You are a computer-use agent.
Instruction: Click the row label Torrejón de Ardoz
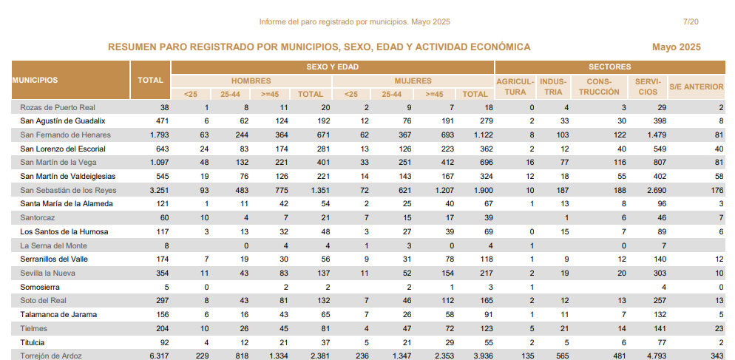(50, 356)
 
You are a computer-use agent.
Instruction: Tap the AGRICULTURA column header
(515, 86)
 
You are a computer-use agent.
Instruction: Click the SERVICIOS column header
(648, 86)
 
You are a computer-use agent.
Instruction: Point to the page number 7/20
(691, 21)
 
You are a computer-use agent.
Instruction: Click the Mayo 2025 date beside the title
(676, 47)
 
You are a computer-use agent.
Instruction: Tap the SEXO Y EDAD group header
(332, 67)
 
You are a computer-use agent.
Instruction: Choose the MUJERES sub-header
(413, 81)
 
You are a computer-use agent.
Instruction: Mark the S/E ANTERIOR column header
(696, 86)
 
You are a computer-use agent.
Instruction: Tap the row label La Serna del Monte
(53, 245)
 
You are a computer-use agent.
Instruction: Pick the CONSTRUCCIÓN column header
(599, 86)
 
